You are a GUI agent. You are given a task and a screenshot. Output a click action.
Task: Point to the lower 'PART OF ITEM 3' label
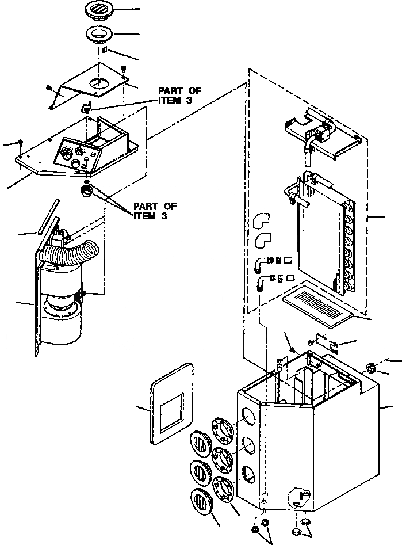point(155,211)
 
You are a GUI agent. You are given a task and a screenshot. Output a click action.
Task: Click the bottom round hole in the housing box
point(249,473)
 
